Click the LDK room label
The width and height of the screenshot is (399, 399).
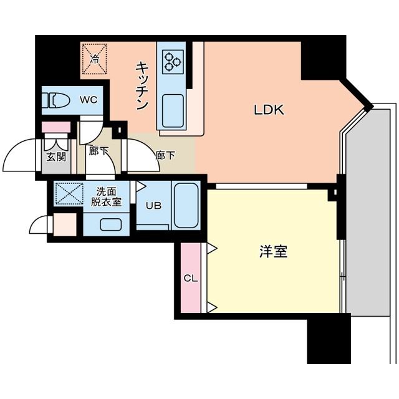(x=269, y=110)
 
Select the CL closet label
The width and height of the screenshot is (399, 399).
(x=191, y=278)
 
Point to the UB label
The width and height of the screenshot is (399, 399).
(x=153, y=205)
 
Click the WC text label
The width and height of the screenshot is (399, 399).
(x=87, y=99)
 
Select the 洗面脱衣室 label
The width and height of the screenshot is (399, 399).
(x=106, y=196)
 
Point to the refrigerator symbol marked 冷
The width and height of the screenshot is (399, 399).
(x=95, y=60)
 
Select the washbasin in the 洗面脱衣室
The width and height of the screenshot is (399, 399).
(x=111, y=224)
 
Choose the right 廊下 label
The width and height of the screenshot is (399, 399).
(x=165, y=155)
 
